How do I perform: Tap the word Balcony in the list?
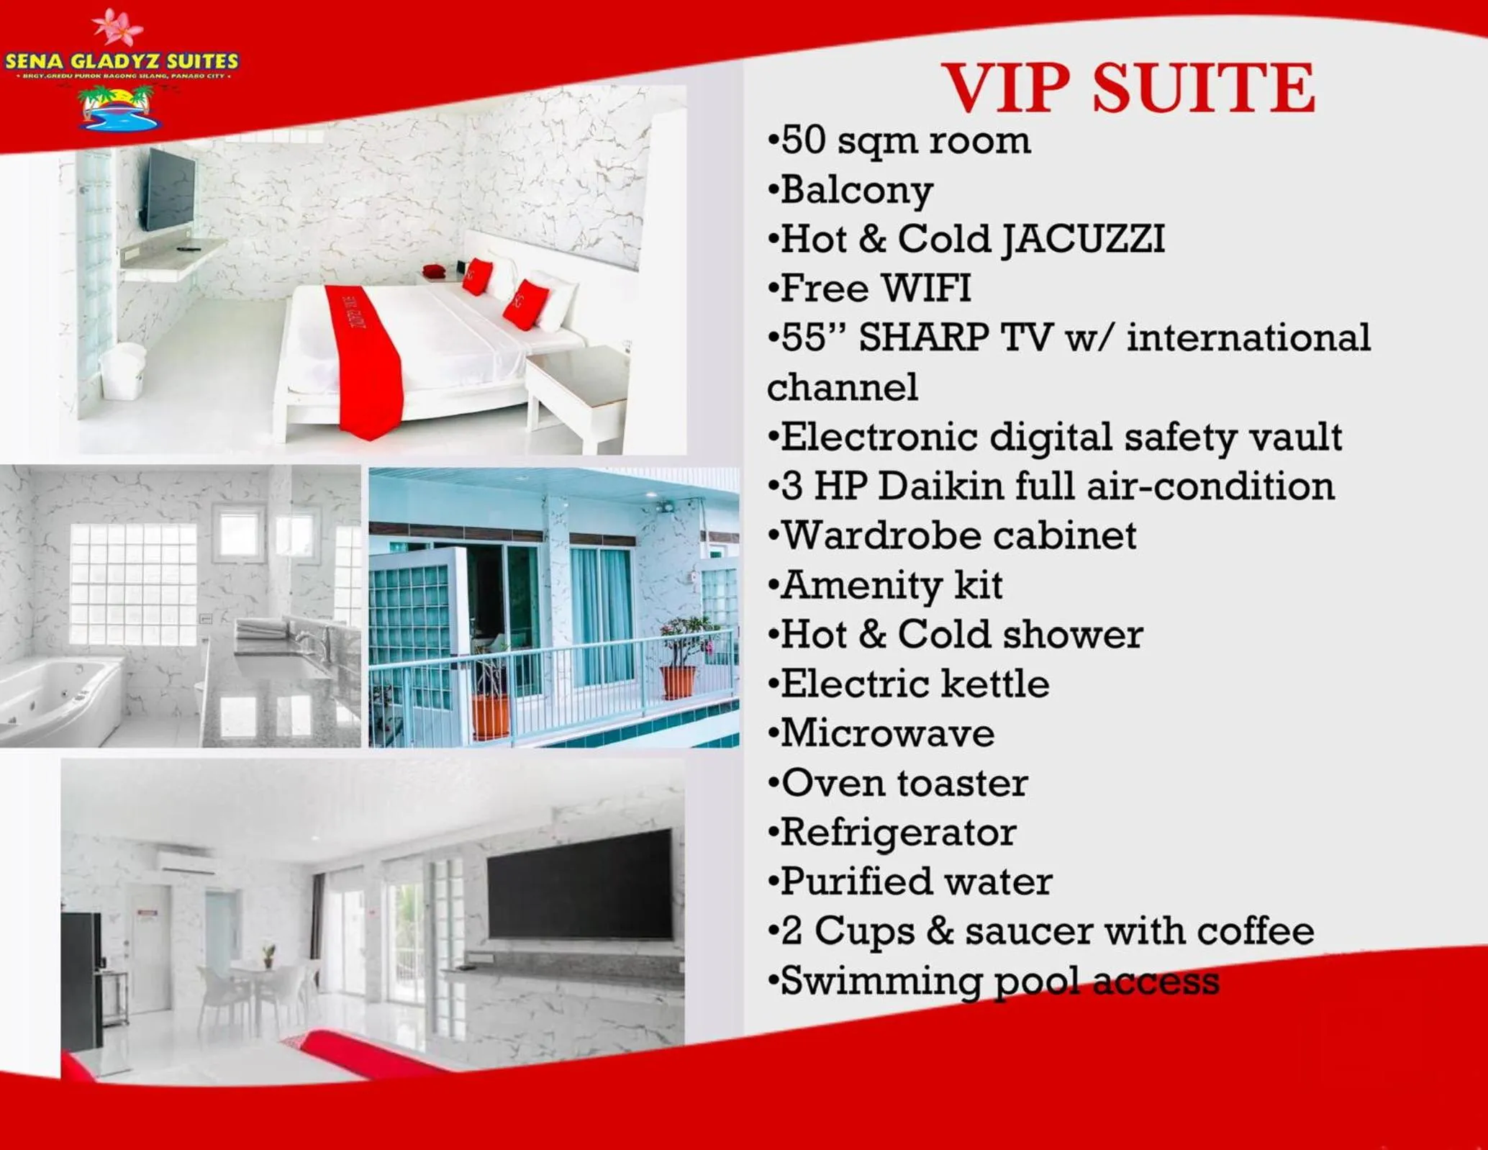[x=856, y=191]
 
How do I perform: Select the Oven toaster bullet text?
[x=904, y=783]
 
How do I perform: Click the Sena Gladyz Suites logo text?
[x=122, y=61]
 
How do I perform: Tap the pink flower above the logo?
[x=117, y=27]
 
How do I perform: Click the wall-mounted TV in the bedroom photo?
[x=171, y=189]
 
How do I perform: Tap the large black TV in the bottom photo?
[x=580, y=884]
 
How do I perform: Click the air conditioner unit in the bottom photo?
[x=186, y=861]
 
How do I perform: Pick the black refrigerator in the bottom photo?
[x=81, y=979]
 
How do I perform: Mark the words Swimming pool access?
[x=1000, y=981]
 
